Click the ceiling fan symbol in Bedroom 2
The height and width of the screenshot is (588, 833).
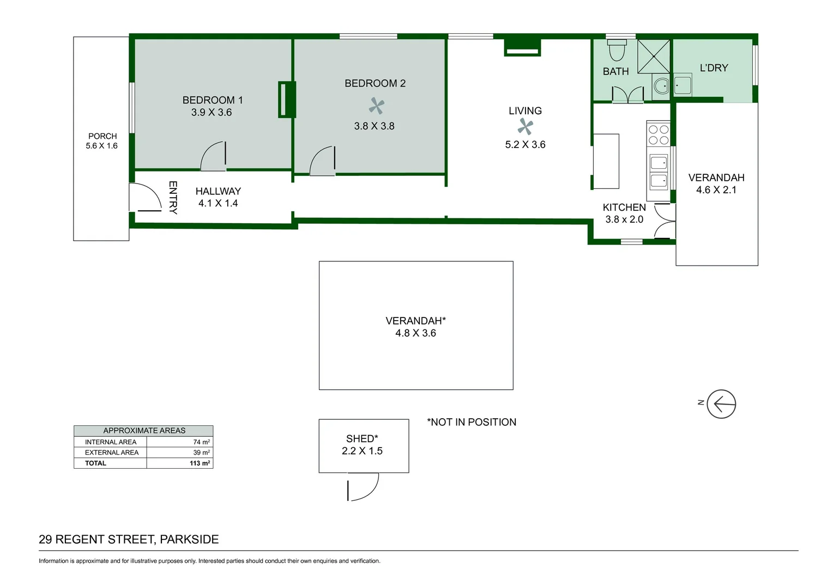click(376, 106)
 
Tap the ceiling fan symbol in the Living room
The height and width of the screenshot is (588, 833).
click(525, 127)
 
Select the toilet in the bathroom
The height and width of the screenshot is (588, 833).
click(617, 50)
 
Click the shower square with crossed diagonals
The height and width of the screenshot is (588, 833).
click(654, 56)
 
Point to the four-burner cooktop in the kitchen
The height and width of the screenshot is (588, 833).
click(659, 135)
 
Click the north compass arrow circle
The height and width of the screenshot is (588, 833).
click(721, 404)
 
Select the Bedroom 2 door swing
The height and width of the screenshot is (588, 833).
click(322, 161)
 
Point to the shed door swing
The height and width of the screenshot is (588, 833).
click(363, 487)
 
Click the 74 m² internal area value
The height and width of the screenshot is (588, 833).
click(201, 442)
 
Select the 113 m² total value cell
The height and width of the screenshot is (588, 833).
click(200, 463)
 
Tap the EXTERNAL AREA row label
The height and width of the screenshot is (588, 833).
click(112, 452)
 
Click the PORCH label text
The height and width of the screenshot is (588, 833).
click(102, 136)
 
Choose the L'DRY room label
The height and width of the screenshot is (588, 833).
click(714, 68)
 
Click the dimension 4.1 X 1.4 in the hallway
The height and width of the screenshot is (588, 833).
click(218, 203)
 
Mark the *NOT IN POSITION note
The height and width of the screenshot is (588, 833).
click(472, 422)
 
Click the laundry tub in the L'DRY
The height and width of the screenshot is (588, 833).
click(683, 85)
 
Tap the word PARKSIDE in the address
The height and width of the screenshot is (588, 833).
click(189, 540)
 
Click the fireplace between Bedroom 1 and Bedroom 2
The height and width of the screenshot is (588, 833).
click(287, 99)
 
